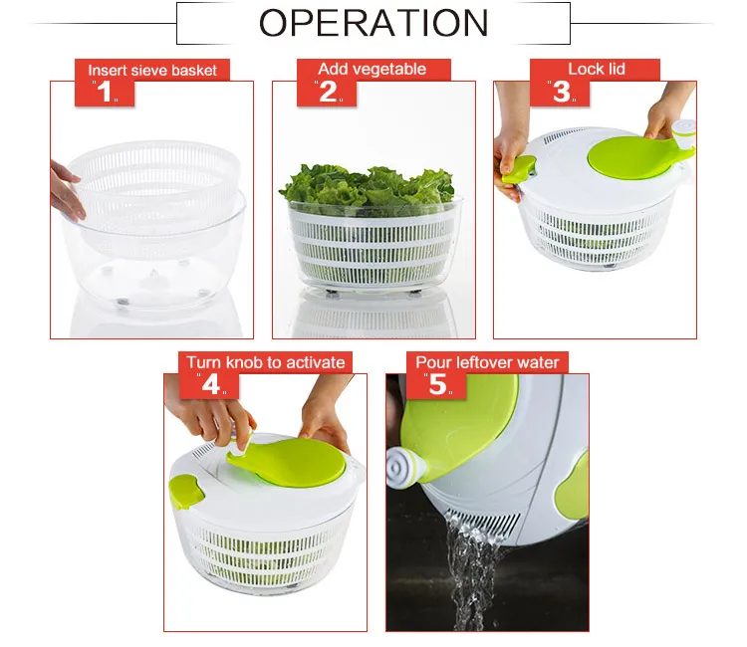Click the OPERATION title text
tap(373, 23)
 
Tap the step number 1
tap(105, 92)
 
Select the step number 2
tap(328, 92)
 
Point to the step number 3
tap(561, 92)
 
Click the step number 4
tap(211, 384)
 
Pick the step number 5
tap(438, 384)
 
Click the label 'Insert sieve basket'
tap(152, 71)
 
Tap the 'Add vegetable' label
tap(373, 69)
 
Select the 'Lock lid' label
tap(597, 69)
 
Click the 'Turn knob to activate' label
tap(266, 362)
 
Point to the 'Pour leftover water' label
tap(487, 362)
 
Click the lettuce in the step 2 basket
tap(367, 188)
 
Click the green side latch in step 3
tap(518, 169)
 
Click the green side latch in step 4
tap(186, 492)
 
